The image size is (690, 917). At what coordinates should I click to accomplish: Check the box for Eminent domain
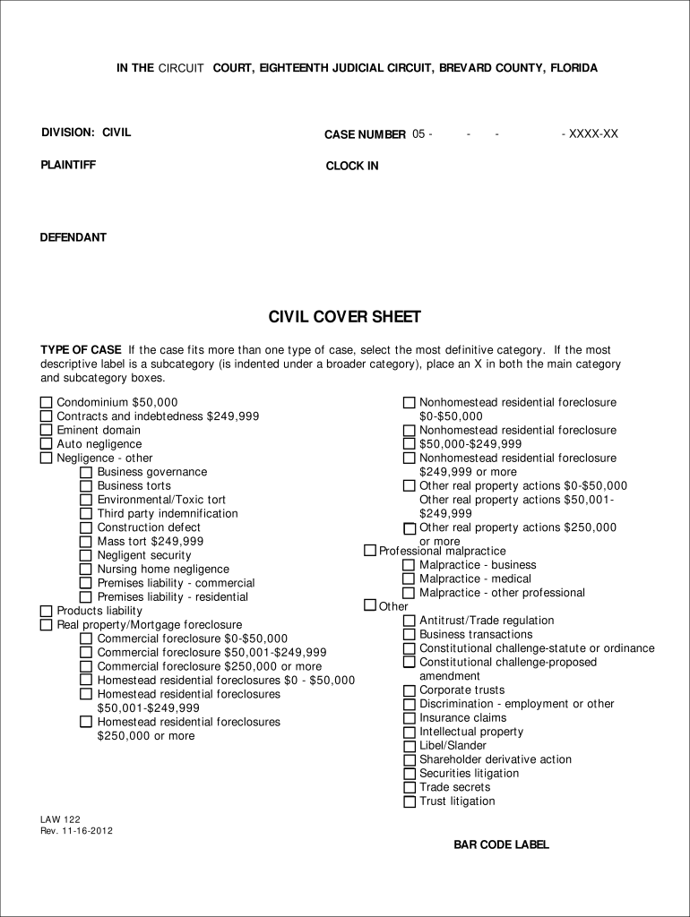coord(46,431)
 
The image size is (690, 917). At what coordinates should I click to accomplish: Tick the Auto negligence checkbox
coord(46,444)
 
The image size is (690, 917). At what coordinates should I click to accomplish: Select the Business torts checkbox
coord(86,486)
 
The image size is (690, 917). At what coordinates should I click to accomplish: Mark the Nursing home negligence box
coord(86,570)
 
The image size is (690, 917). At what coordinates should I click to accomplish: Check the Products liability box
coord(46,612)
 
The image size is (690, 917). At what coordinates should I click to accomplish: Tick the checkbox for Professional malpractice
coord(370,551)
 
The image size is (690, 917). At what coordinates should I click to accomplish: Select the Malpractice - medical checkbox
coord(409,579)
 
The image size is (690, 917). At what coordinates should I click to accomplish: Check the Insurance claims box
coord(409,718)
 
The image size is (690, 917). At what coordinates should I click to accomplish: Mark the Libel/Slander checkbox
coord(409,746)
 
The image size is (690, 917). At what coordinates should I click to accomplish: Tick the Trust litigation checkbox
coord(409,801)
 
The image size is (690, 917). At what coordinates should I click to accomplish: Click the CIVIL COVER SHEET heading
coord(345,318)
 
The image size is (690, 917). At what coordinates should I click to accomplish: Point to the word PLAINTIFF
coord(68,165)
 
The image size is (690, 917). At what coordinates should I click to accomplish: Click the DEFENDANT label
coord(73,237)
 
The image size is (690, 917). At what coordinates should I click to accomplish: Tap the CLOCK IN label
coord(352,166)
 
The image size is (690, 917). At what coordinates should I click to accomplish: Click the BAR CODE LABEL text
coord(501,844)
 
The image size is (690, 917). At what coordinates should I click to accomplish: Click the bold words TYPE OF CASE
coord(81,350)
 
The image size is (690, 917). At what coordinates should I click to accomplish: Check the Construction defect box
coord(86,527)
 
